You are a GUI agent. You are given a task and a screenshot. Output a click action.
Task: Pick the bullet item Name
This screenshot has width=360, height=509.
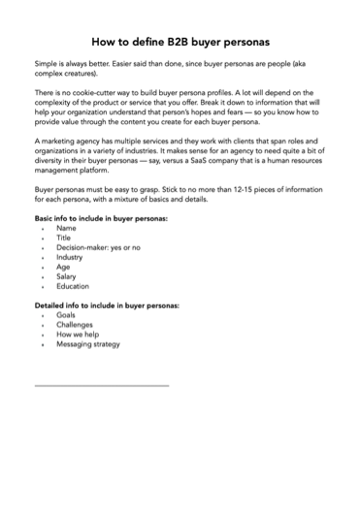click(66, 229)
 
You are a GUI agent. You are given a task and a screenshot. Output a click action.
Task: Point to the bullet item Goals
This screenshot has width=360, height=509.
click(66, 315)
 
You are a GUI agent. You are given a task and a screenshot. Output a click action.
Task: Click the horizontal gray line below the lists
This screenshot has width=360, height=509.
click(102, 385)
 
